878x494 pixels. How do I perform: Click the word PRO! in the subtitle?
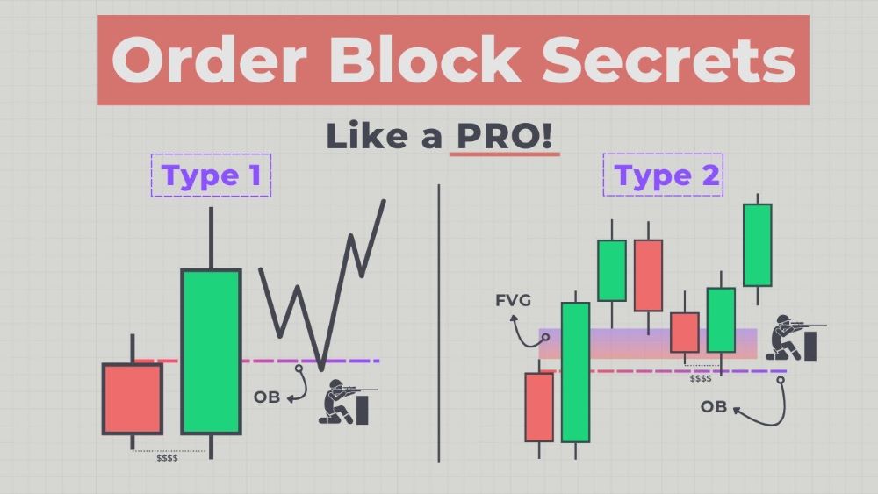[x=505, y=136]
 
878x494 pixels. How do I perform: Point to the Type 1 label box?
[x=212, y=175]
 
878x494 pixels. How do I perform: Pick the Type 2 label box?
[x=663, y=175]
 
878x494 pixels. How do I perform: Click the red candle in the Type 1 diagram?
[x=133, y=398]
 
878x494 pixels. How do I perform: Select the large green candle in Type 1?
[x=211, y=351]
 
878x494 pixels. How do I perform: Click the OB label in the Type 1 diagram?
[x=266, y=397]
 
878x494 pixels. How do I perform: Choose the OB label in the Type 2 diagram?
[x=713, y=406]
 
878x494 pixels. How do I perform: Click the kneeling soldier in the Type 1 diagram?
[x=344, y=403]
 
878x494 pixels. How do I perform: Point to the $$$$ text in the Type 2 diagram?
[x=700, y=378]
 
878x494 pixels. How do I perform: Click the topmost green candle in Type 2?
[x=757, y=245]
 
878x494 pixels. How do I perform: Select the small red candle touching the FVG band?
[x=685, y=333]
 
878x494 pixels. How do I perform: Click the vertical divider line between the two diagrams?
[x=438, y=325]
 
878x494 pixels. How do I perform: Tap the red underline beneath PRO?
[x=504, y=154]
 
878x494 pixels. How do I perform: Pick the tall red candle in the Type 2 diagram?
[x=648, y=275]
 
